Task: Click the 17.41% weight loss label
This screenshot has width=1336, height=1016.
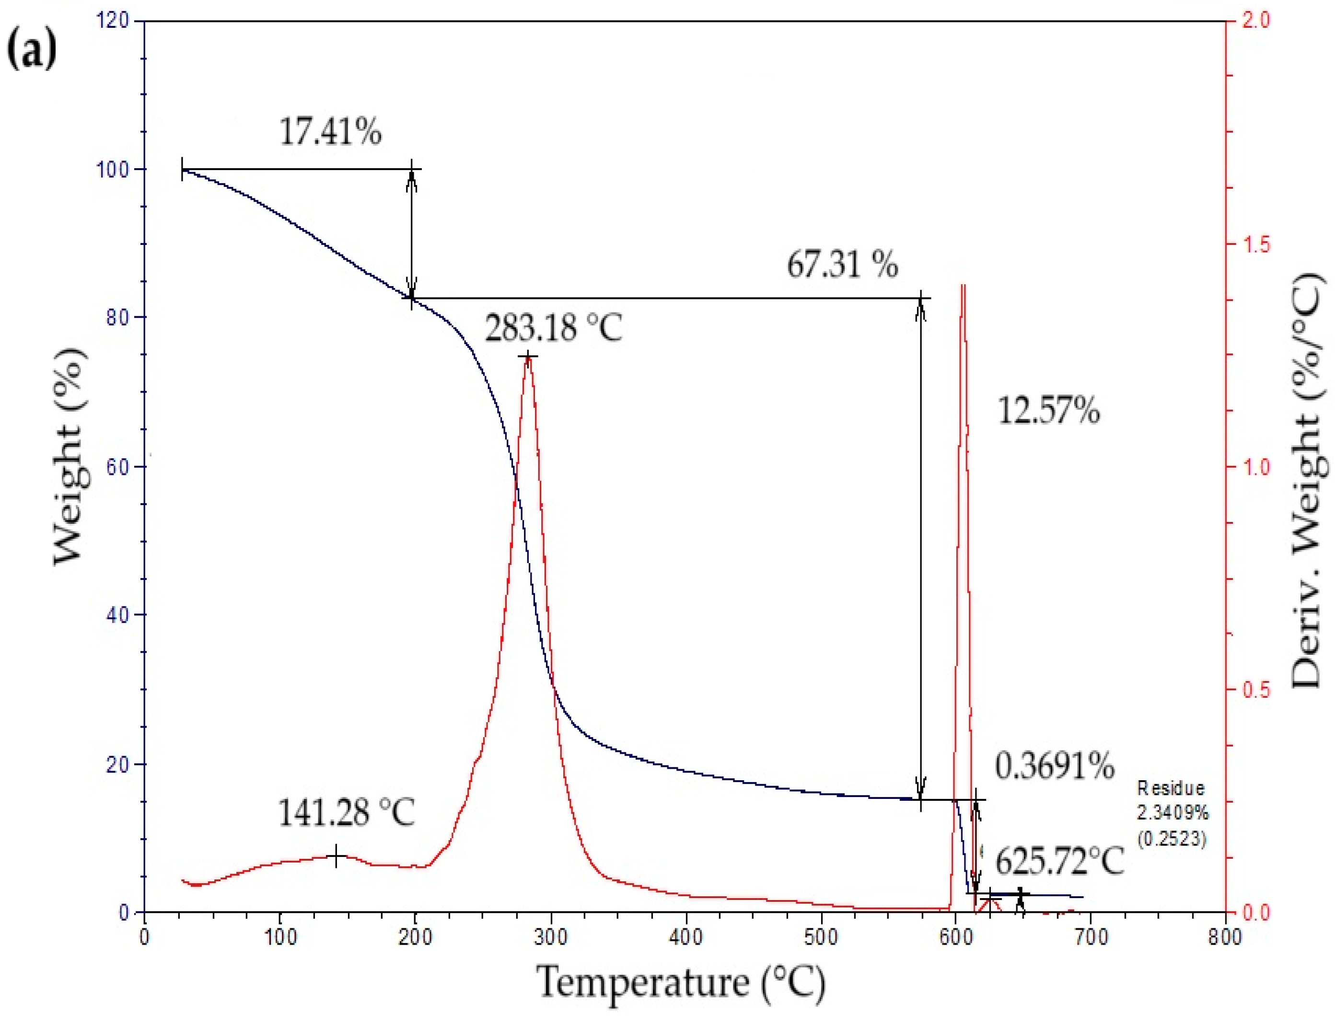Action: (330, 131)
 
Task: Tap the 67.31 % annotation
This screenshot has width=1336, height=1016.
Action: (842, 264)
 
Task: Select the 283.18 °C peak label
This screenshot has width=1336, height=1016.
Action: (553, 328)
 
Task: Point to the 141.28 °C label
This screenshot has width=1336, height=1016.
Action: (347, 812)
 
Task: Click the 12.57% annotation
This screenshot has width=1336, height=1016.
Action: (1048, 411)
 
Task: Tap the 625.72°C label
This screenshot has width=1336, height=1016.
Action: (1059, 861)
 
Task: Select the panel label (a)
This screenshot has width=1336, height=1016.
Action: (32, 51)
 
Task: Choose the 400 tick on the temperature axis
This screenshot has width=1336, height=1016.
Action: (686, 937)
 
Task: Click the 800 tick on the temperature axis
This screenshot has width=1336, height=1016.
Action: (1225, 937)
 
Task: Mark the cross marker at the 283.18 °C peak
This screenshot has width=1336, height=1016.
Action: (528, 357)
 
